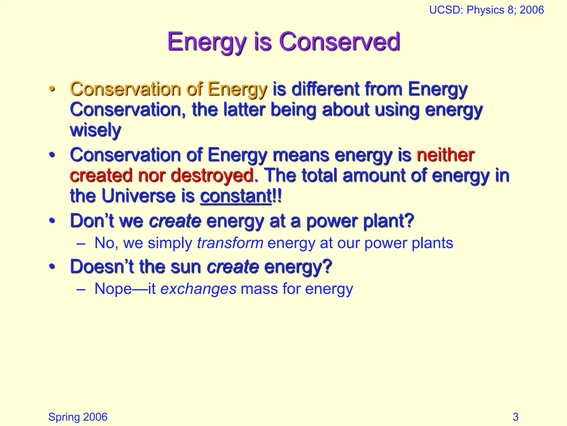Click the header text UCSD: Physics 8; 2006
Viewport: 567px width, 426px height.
click(486, 10)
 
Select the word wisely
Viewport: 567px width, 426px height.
click(96, 130)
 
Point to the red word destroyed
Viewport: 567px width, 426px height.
click(212, 175)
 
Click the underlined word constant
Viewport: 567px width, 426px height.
click(236, 196)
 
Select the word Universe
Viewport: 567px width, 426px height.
click(138, 196)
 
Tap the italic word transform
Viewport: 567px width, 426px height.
click(230, 243)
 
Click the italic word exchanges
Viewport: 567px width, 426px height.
click(199, 289)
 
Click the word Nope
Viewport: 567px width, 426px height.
click(113, 289)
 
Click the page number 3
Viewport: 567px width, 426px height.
click(515, 417)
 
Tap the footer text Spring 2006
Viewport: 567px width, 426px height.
click(78, 417)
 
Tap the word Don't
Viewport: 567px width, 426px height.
click(92, 221)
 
